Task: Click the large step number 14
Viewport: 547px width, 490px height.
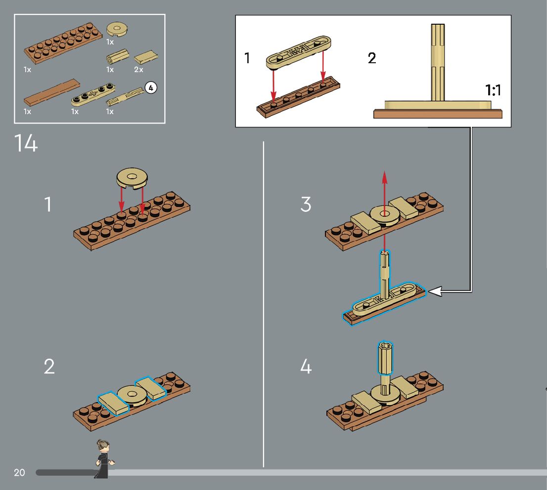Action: (x=26, y=143)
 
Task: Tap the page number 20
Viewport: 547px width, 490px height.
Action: (x=19, y=473)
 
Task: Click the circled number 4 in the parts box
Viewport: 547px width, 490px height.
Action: (x=151, y=88)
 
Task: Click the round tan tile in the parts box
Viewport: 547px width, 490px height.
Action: (x=117, y=30)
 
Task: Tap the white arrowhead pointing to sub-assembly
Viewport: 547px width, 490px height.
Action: (x=434, y=292)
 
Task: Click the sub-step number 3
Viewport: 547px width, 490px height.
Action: (x=306, y=204)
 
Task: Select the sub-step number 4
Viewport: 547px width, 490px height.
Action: (x=306, y=367)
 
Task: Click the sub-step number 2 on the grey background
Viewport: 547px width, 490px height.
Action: (x=49, y=367)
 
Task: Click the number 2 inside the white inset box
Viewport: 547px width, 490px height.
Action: (x=372, y=59)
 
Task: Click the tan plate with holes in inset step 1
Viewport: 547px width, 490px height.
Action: (x=298, y=53)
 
